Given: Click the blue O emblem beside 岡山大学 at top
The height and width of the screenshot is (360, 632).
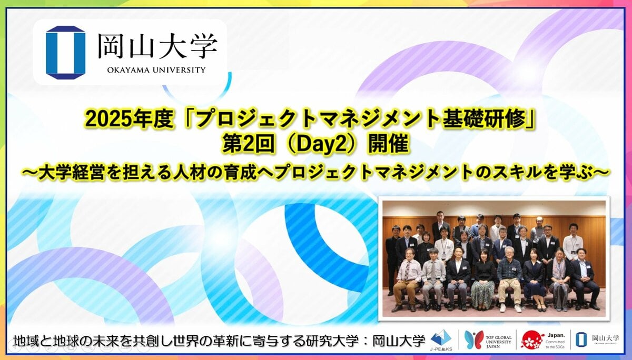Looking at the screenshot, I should [x=65, y=52].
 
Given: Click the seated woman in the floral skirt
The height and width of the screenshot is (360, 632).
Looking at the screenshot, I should [x=484, y=282].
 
